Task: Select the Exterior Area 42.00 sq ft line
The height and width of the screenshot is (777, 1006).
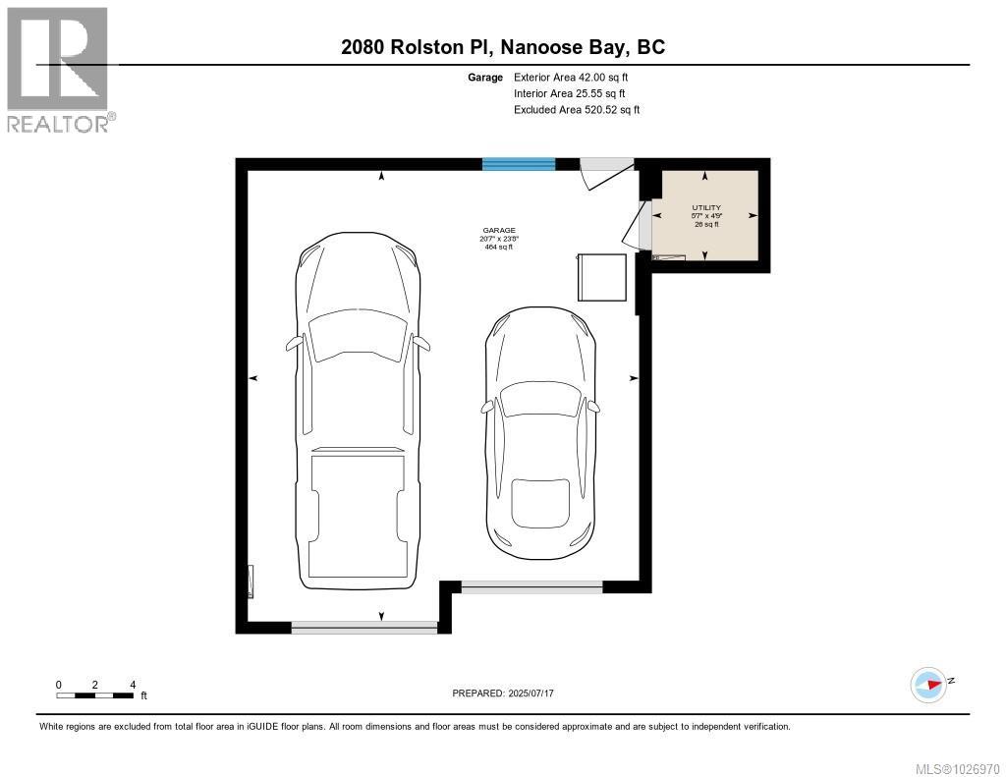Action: click(x=569, y=77)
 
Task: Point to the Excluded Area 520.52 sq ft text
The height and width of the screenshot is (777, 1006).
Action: click(x=576, y=110)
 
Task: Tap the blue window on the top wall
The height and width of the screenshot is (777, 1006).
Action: click(x=519, y=164)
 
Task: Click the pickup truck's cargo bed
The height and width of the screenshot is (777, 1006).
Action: click(x=356, y=516)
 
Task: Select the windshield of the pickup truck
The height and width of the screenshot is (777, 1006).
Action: click(x=357, y=328)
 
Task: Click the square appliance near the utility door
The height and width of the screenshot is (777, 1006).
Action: click(x=602, y=277)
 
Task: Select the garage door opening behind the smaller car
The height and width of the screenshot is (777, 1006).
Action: click(x=531, y=587)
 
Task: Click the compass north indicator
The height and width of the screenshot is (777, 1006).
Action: click(x=929, y=685)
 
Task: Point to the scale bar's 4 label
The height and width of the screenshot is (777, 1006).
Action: click(x=132, y=685)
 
